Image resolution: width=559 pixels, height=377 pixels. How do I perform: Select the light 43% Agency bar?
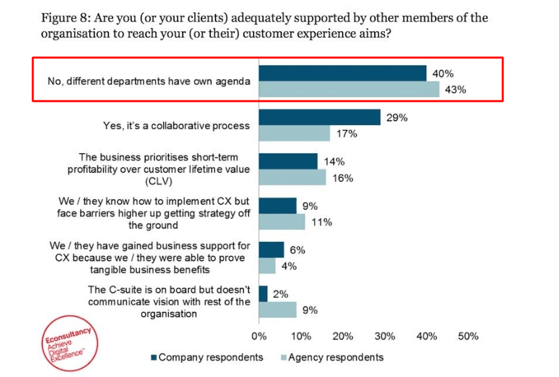point(349,90)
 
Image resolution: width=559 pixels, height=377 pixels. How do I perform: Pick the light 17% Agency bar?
point(295,133)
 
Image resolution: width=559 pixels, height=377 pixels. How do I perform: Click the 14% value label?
point(335,161)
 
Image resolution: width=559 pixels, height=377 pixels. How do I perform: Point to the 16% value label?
point(343,178)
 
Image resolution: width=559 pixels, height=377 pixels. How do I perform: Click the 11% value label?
point(322,222)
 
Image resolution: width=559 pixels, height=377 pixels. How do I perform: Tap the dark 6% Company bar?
point(271,250)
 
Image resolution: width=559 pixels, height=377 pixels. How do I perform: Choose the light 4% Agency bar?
point(267,266)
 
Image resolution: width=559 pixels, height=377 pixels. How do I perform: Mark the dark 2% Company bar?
point(263,293)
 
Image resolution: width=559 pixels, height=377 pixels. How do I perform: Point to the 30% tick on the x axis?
point(384,336)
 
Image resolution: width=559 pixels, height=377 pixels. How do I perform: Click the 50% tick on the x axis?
point(468,336)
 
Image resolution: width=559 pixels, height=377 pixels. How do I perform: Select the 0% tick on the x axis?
point(259,336)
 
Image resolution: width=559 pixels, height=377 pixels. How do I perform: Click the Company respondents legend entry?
point(206,357)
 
